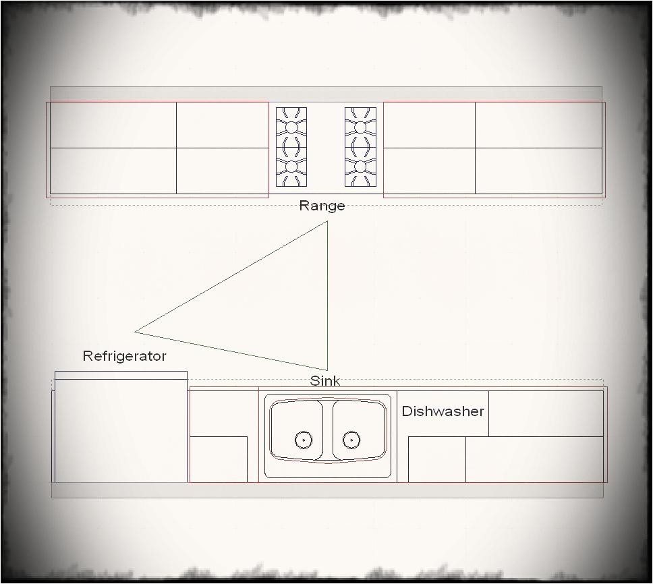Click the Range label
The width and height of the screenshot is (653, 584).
click(x=322, y=206)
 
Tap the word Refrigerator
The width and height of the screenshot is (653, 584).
click(x=124, y=356)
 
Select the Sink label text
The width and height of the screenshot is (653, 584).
click(x=325, y=381)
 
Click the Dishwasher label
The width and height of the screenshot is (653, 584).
click(x=443, y=411)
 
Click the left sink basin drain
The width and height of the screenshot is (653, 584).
click(x=304, y=440)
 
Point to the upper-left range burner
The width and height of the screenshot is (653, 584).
click(x=291, y=127)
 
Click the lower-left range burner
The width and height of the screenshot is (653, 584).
click(x=291, y=166)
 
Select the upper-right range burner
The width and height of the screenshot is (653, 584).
click(x=360, y=127)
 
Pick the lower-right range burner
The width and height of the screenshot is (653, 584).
click(x=360, y=166)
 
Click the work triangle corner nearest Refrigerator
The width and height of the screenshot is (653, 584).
click(x=136, y=331)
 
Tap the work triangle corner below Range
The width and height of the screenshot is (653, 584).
click(x=327, y=222)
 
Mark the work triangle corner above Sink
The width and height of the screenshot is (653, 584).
click(x=327, y=370)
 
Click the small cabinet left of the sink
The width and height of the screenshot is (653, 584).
click(x=219, y=459)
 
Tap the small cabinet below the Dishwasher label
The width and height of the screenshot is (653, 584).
click(x=436, y=459)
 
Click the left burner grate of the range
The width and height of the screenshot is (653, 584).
click(x=291, y=146)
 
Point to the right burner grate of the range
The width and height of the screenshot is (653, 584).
click(x=360, y=146)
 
